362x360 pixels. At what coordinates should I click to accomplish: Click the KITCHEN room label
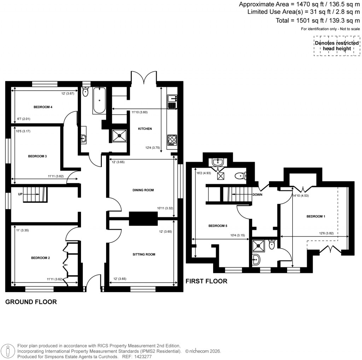coord(145,129)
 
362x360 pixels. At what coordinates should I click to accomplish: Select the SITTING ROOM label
coord(144,254)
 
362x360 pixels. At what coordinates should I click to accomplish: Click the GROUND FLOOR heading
coord(31,302)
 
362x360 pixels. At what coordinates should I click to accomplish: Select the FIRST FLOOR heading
coord(206,281)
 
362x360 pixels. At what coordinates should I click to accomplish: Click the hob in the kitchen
coord(172,140)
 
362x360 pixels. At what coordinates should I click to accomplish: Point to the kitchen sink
coord(172,101)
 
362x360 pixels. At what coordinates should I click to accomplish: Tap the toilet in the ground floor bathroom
coord(85,93)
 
